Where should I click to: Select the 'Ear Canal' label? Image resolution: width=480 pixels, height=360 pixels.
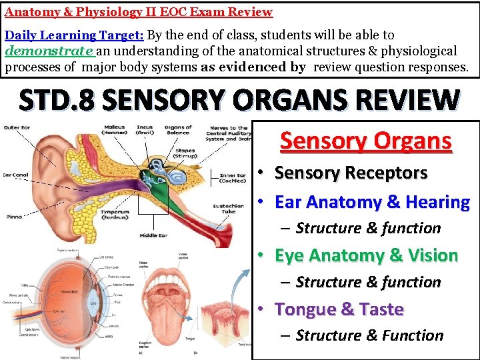[x=14, y=175]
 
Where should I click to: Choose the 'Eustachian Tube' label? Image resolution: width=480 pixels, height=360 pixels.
[x=229, y=209]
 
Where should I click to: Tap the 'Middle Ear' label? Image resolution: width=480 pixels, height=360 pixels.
[x=153, y=235]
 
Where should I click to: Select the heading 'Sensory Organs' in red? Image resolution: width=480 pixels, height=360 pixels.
[x=366, y=141]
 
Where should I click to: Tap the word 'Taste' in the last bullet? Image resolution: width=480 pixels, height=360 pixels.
[x=380, y=309]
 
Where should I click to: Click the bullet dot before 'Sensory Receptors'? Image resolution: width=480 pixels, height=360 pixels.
[x=263, y=173]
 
